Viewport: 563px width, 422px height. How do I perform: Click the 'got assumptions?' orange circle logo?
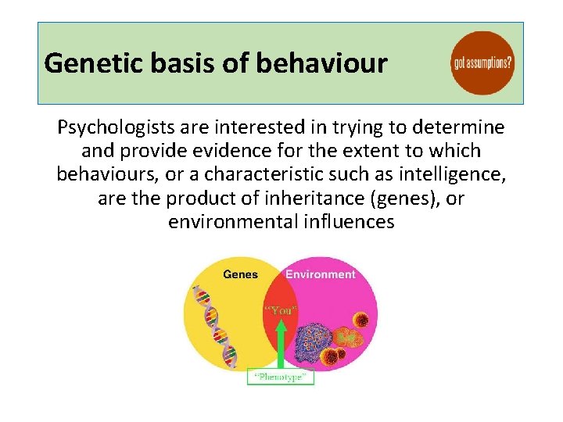pyautogui.click(x=483, y=63)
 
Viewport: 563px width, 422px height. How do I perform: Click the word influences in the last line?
pyautogui.click(x=346, y=222)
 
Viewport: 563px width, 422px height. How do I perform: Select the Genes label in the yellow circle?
pyautogui.click(x=241, y=274)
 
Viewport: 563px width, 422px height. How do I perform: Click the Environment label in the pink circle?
pyautogui.click(x=320, y=274)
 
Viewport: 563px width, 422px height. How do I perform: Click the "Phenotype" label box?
pyautogui.click(x=281, y=377)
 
